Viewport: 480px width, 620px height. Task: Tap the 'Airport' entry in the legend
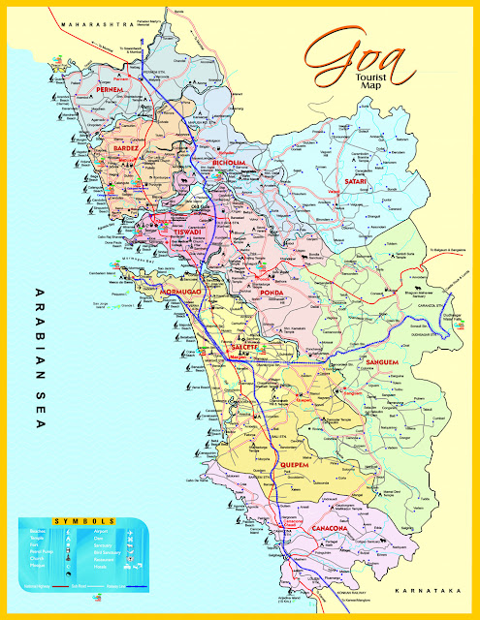tap(104, 532)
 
